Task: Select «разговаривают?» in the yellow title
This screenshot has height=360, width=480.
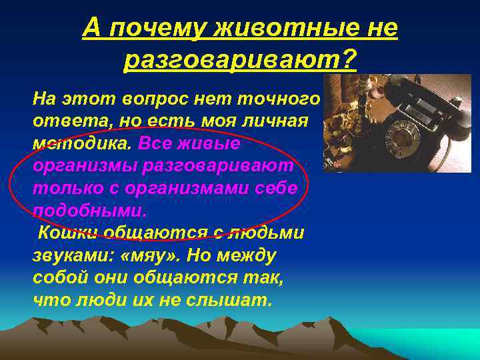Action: pos(240,61)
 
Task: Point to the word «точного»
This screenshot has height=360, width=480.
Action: pos(283,100)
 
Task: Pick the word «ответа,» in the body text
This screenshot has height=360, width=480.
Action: pos(64,122)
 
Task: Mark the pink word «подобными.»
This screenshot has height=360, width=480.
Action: pos(87,211)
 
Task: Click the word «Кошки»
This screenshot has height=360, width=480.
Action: pos(67,233)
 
